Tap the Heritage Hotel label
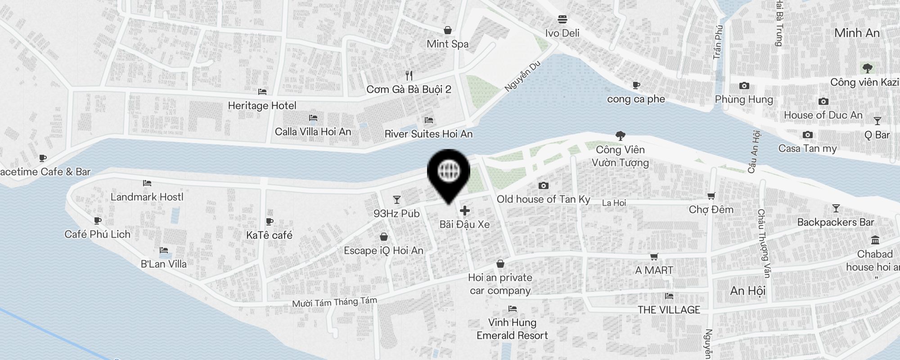[x=262, y=106]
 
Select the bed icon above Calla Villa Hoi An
[x=313, y=118]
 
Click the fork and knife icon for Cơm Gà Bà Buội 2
[x=409, y=75]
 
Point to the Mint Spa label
[x=447, y=44]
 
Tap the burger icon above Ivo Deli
[x=562, y=19]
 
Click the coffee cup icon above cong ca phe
[x=636, y=85]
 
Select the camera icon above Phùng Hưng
[x=744, y=85]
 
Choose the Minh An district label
[x=856, y=33]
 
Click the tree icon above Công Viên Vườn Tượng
[x=620, y=135]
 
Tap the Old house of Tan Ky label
[x=543, y=199]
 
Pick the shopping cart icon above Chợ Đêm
[x=711, y=196]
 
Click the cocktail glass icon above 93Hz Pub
[x=396, y=199]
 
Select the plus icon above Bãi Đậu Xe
[x=464, y=211]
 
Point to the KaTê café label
[x=269, y=235]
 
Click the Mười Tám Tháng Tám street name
[x=334, y=302]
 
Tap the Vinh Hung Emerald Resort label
[x=512, y=329]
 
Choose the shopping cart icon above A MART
[x=654, y=256]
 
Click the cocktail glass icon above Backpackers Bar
[x=836, y=208]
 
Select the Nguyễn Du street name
[x=522, y=76]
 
